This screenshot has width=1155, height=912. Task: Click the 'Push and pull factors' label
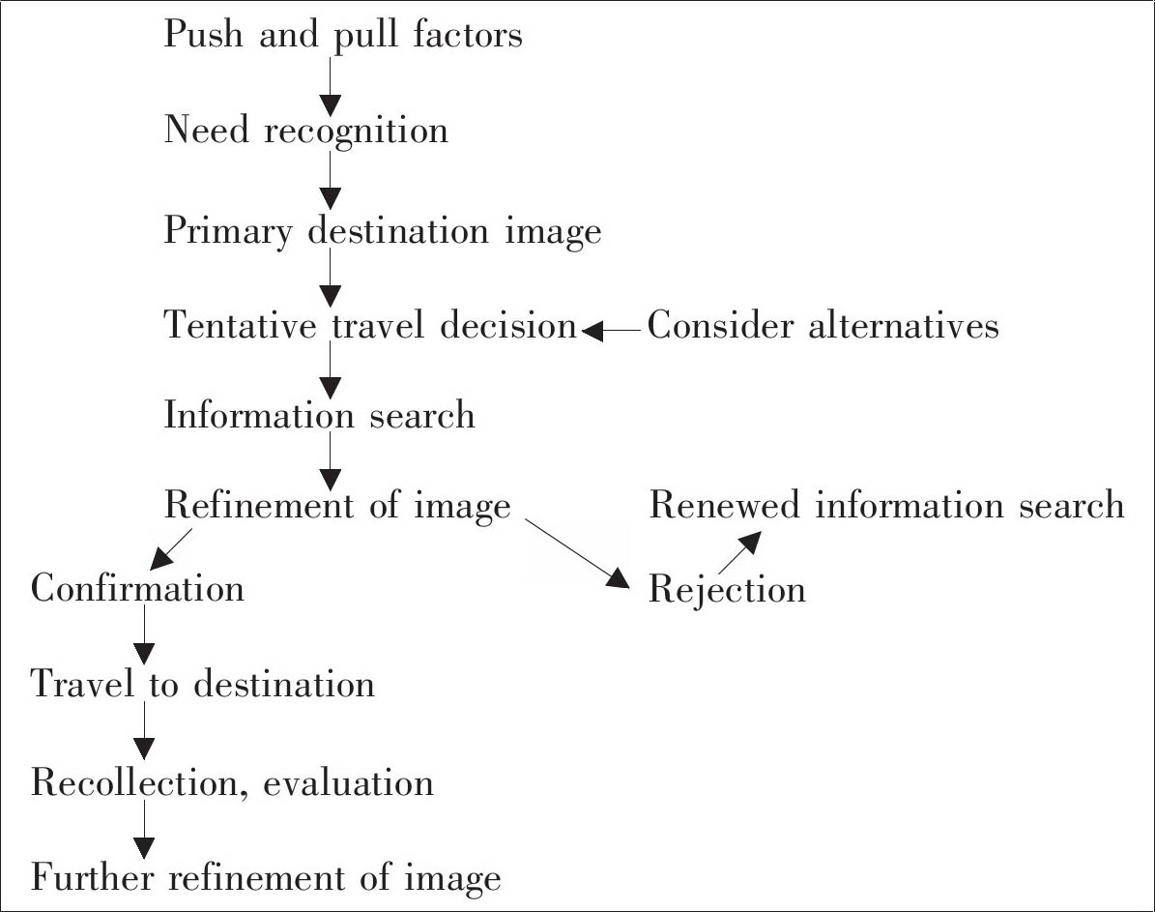(x=343, y=37)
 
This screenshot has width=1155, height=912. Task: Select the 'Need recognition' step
(x=306, y=131)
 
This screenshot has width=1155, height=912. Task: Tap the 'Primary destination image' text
(x=383, y=232)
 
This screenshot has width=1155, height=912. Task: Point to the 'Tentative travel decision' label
(x=370, y=326)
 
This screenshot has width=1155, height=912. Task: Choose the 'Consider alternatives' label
(x=823, y=326)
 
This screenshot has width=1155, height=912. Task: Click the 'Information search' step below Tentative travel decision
(x=320, y=416)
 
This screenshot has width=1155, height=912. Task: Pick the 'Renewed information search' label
(x=886, y=505)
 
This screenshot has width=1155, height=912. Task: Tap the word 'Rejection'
(x=727, y=589)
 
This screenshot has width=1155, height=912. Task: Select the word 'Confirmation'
(x=137, y=588)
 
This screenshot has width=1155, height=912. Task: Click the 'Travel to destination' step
(x=203, y=685)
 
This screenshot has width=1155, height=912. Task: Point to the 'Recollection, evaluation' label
(x=232, y=782)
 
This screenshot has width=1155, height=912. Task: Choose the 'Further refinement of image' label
(x=266, y=878)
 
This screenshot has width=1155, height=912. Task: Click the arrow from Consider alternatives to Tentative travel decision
(x=611, y=331)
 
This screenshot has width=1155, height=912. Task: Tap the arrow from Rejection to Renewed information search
(x=736, y=554)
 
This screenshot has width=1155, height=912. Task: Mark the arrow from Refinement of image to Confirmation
(x=171, y=549)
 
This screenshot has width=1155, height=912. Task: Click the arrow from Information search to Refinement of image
(x=330, y=460)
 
